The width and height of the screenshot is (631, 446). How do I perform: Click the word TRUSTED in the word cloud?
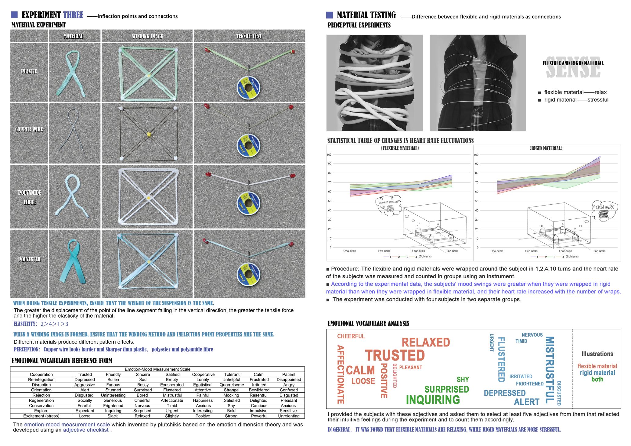pos(395,355)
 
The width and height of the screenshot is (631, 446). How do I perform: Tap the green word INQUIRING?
pos(433,400)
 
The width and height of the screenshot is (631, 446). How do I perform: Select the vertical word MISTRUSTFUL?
pos(549,370)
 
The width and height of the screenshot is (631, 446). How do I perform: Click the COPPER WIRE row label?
pos(29,129)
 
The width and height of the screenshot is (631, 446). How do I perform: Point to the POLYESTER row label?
pos(29,260)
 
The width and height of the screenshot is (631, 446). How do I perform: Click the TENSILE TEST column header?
pos(249,36)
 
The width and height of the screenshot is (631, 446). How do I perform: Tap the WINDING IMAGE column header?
pos(147,36)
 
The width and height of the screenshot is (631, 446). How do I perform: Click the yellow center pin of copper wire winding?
pos(149,134)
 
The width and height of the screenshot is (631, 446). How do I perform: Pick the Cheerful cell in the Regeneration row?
pos(142,400)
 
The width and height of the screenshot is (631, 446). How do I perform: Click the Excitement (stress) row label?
pos(41,416)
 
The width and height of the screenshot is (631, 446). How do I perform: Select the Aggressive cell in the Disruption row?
pos(85,385)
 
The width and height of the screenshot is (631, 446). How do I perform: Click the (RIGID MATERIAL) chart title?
pos(546,148)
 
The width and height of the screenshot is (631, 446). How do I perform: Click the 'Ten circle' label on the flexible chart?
pos(452,251)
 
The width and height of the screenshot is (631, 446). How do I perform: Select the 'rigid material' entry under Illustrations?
pos(597,373)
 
